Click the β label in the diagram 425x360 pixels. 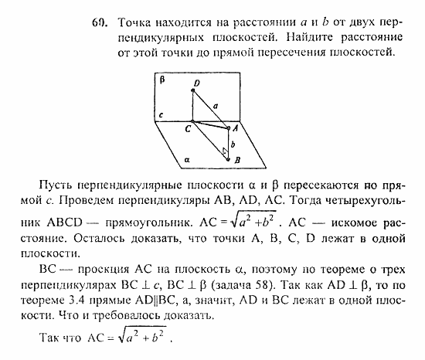click(162, 80)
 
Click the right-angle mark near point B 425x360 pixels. click(223, 151)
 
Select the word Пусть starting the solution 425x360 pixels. click(53, 187)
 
